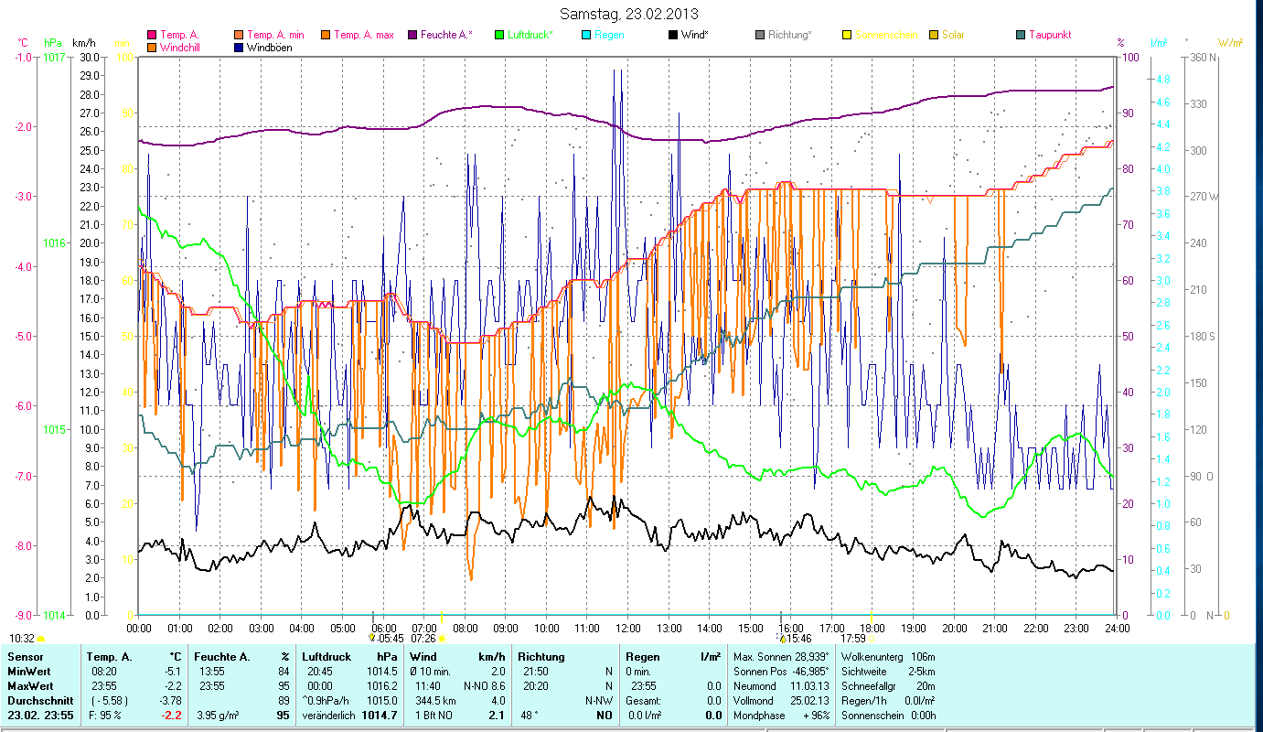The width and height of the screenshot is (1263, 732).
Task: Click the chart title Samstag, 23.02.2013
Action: pos(630,14)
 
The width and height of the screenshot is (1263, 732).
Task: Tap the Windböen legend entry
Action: pos(269,48)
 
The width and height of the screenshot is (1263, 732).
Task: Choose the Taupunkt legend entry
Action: pos(1049,35)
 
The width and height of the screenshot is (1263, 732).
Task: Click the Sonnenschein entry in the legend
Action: pos(886,35)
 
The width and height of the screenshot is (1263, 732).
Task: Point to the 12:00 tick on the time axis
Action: pos(627,628)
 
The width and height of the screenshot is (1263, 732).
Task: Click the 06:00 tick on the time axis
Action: pos(383,628)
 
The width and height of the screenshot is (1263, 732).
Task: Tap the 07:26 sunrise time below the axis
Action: pos(423,639)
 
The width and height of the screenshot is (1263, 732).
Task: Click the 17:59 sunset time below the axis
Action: pos(852,639)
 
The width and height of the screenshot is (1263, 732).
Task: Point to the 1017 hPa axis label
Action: pos(54,57)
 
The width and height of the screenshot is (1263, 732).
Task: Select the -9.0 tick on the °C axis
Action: pos(22,616)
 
